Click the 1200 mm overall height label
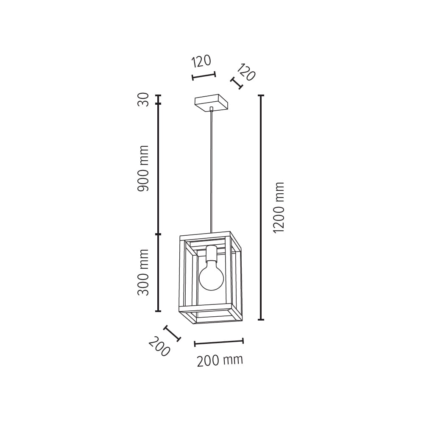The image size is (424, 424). pos(279,207)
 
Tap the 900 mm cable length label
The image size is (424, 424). pos(143,168)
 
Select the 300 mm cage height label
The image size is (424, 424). pos(143,272)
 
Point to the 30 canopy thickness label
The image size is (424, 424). pos(143,100)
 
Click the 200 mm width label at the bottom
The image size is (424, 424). pos(220,360)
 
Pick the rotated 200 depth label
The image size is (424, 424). pos(159,346)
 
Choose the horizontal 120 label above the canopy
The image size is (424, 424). pos(201,61)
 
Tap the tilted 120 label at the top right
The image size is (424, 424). pos(246,72)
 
